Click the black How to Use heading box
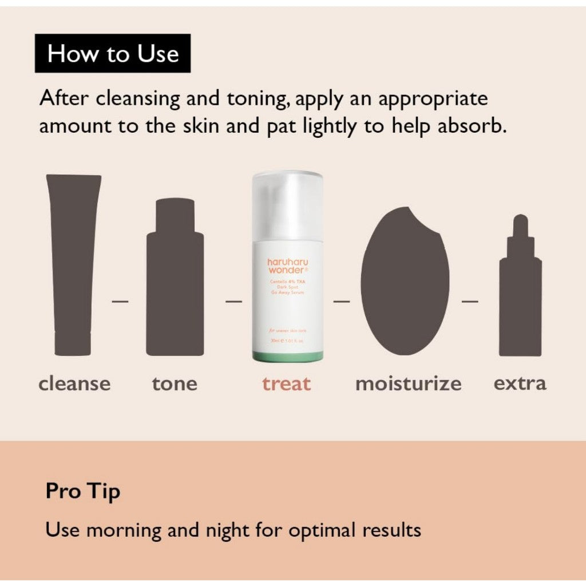113,54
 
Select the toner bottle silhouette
175,280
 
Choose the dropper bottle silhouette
520,292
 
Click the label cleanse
74,383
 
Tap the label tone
175,383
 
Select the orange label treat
287,383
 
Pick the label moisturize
408,383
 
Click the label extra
520,383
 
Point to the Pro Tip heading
83,492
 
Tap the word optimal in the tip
323,530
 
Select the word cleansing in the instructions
137,98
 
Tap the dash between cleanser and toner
120,300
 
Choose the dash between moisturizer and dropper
470,300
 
